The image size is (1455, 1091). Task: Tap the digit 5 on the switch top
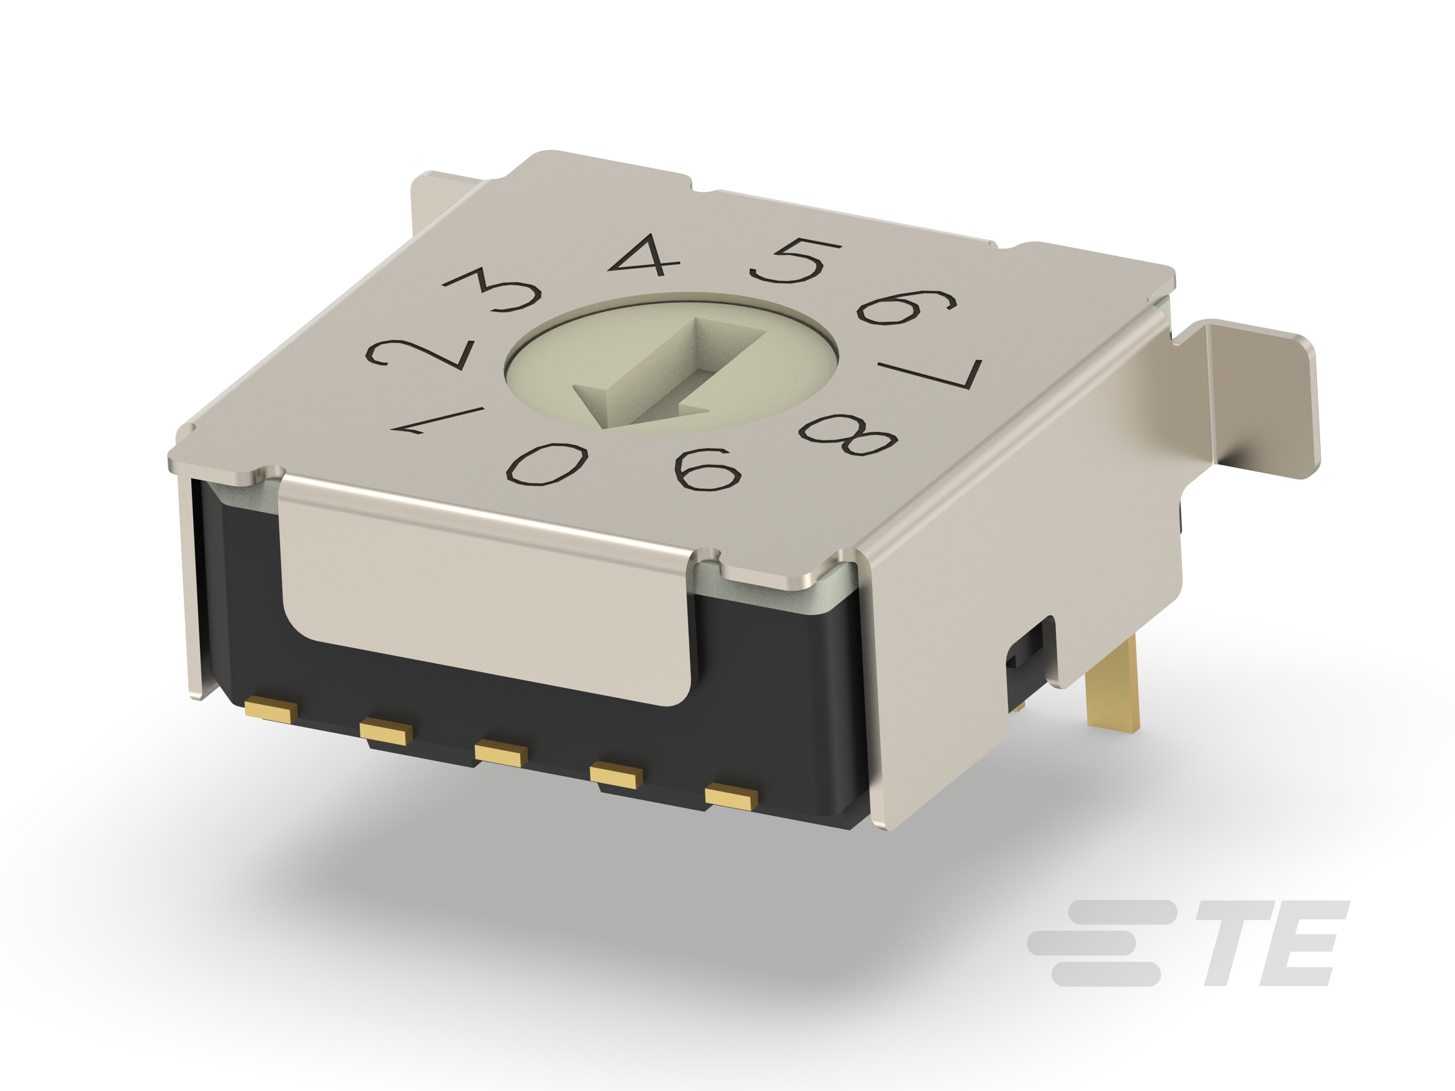tap(792, 261)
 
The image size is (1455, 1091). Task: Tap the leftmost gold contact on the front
tap(270, 710)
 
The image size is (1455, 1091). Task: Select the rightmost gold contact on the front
tap(731, 797)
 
